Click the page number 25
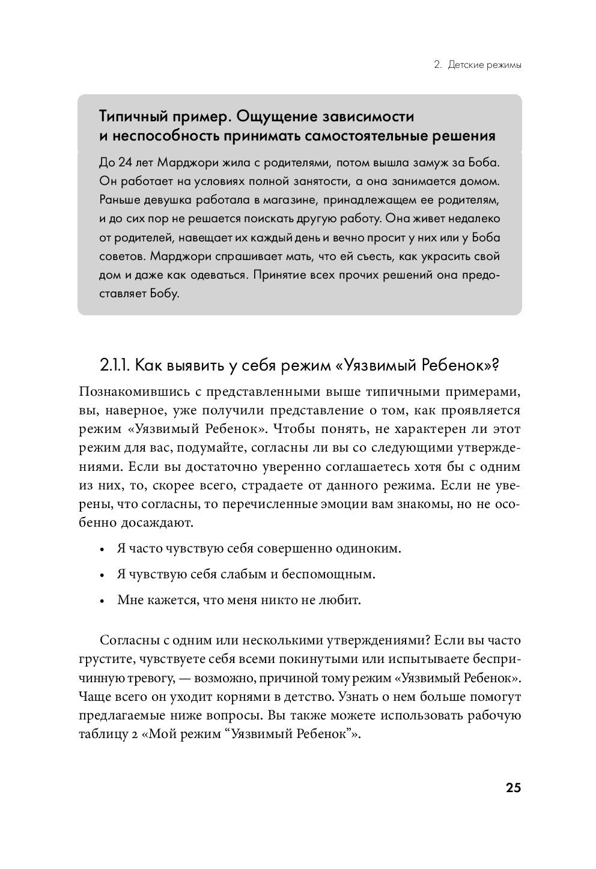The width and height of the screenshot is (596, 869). click(x=512, y=788)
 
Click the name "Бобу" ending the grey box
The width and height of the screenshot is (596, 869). click(x=166, y=295)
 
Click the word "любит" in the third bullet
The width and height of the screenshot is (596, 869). click(x=344, y=599)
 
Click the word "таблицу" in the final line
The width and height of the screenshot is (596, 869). click(x=100, y=734)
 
